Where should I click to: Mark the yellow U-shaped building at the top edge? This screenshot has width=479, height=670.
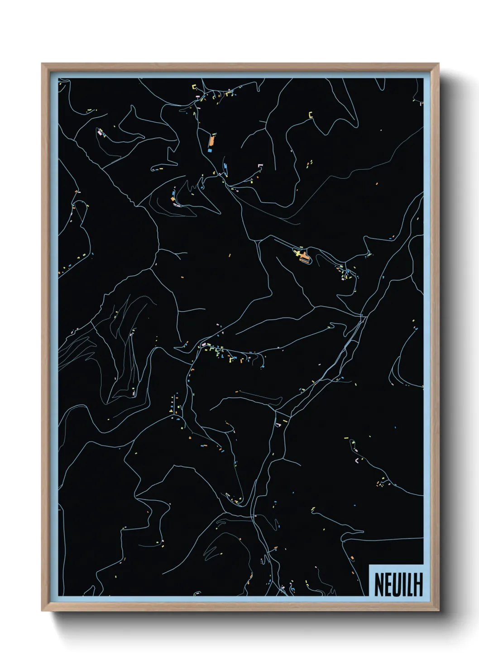click(194, 86)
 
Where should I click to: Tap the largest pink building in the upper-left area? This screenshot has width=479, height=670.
click(100, 133)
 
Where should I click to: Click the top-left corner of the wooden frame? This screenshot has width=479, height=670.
click(42, 64)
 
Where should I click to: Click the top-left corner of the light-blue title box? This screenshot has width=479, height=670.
click(369, 565)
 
